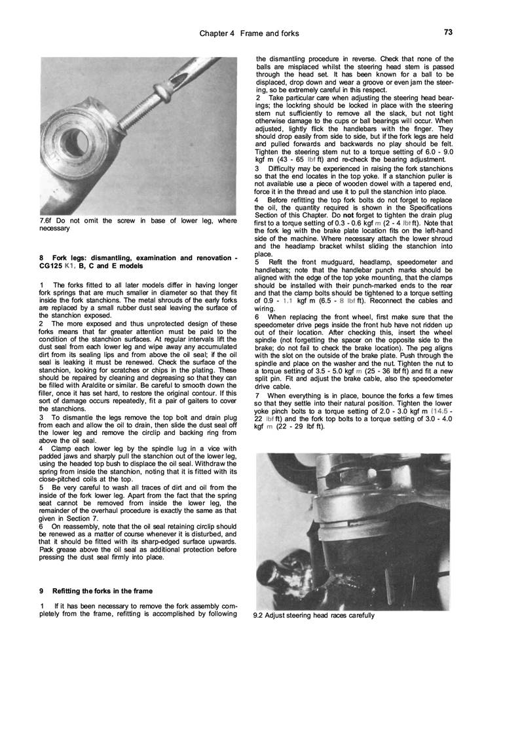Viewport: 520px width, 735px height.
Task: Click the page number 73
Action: [448, 31]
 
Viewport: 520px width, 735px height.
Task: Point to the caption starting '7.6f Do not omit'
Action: [138, 225]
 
